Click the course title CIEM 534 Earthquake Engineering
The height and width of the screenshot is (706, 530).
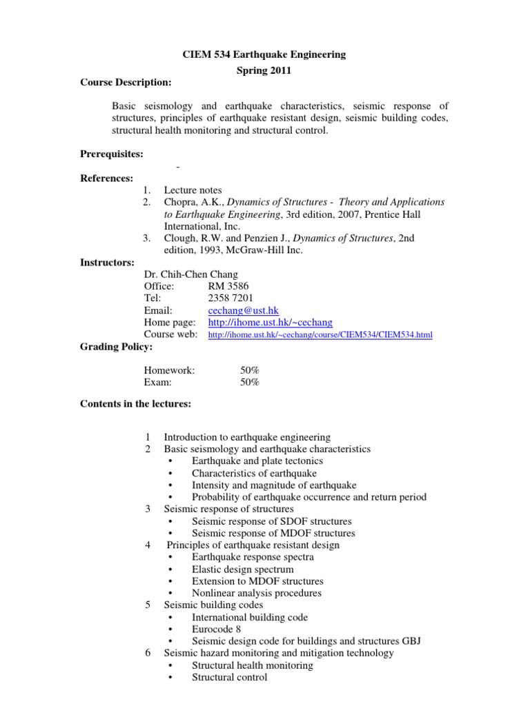tap(264, 54)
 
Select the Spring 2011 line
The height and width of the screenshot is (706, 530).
tap(264, 70)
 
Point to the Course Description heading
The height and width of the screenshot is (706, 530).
tap(126, 83)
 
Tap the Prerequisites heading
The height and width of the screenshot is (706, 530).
tap(112, 154)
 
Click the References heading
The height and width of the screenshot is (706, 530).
tap(107, 178)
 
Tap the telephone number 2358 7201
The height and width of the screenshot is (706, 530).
tap(230, 299)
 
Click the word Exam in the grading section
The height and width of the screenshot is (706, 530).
tap(157, 382)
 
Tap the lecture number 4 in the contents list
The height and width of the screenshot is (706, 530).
tap(148, 545)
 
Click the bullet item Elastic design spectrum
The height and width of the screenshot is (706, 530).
tap(242, 569)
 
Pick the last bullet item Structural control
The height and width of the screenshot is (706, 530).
tap(229, 677)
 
